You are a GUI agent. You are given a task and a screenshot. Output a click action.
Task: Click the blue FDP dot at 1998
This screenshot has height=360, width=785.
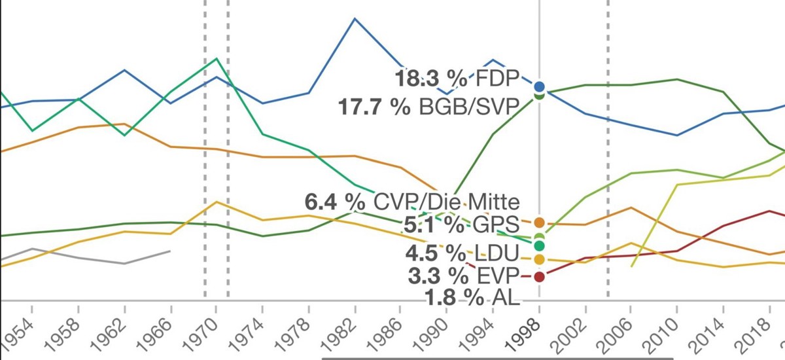click(539, 86)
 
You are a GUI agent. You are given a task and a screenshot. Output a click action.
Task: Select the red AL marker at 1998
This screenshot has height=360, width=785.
click(539, 276)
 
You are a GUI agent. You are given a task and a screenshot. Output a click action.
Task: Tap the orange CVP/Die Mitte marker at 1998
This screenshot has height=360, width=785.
click(539, 223)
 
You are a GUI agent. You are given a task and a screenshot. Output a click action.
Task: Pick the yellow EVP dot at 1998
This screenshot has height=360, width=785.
click(539, 260)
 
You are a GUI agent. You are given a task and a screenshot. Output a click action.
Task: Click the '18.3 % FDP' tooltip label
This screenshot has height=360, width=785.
click(456, 78)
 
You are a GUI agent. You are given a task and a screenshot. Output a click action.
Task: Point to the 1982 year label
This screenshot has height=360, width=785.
click(343, 327)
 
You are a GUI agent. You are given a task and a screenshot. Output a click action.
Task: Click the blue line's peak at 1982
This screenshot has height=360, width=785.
click(355, 18)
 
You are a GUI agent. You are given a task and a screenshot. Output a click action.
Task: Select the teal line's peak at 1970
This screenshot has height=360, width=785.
click(217, 59)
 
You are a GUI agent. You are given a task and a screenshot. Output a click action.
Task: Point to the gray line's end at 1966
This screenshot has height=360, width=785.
click(170, 251)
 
